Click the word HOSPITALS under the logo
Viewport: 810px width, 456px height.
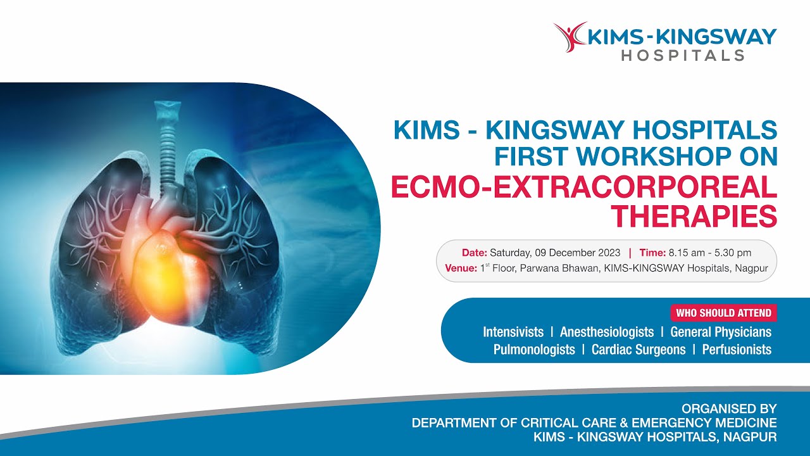[682, 56]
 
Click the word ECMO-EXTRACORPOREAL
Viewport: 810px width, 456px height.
[583, 187]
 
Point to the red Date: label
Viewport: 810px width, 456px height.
[474, 252]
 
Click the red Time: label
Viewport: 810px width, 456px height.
[652, 252]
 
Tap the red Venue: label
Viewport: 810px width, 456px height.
[461, 268]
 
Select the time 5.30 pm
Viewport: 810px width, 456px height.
[731, 252]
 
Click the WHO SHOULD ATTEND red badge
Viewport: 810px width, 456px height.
[723, 313]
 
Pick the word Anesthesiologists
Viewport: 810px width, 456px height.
[606, 332]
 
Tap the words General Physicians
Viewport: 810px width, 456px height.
[721, 332]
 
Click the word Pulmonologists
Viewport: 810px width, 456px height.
[534, 350]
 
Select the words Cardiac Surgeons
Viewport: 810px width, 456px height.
[638, 350]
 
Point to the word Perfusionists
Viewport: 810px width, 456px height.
[737, 350]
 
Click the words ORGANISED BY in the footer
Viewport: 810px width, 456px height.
[728, 409]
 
